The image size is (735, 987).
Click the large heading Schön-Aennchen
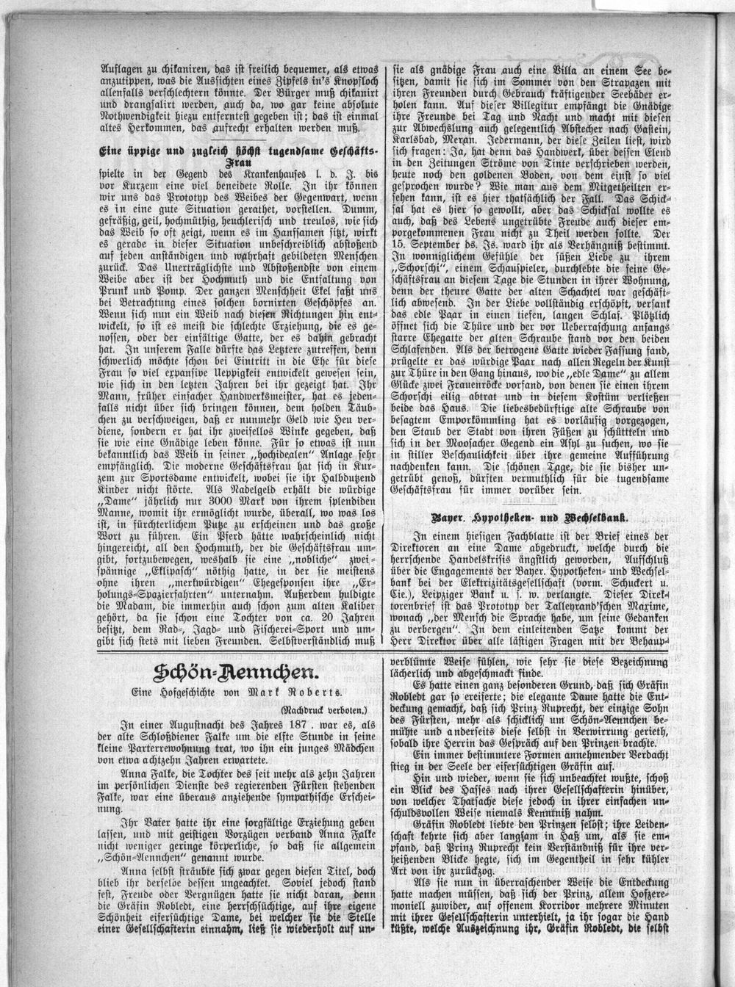233,673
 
